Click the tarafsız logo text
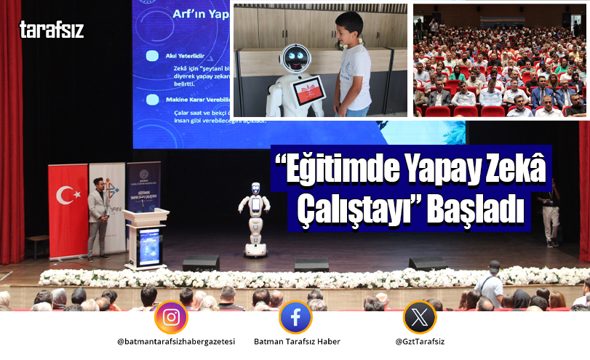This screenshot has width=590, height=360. [x=52, y=29]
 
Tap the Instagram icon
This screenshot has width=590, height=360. [x=171, y=317]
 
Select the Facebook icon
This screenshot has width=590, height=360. [x=295, y=317]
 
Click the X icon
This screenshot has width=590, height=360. [x=420, y=317]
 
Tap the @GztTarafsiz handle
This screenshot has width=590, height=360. [x=420, y=342]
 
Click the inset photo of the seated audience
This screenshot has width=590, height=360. [x=499, y=62]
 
